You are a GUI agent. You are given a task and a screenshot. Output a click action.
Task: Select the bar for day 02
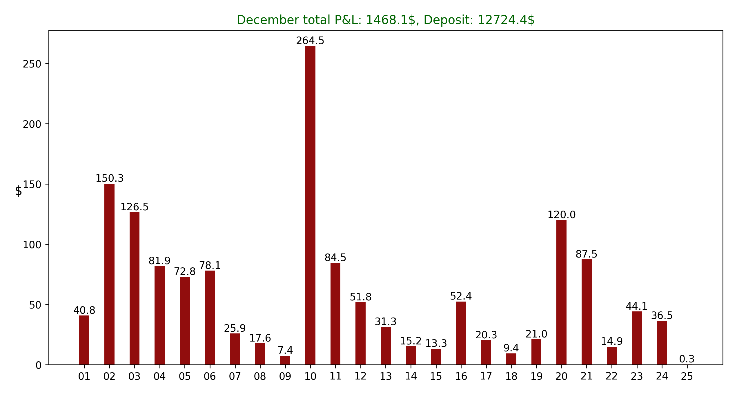pos(109,274)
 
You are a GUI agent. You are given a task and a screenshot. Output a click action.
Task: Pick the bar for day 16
pos(461,333)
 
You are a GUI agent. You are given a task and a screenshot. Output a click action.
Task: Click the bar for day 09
pos(285,360)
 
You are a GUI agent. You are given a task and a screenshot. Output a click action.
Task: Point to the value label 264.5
pos(310,41)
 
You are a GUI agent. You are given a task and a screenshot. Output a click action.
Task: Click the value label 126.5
pos(135,207)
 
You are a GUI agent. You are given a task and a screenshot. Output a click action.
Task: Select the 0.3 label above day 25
pos(687,359)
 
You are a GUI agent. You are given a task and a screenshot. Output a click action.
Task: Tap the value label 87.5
pos(587,254)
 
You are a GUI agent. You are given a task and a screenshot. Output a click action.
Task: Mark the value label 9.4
pos(511,348)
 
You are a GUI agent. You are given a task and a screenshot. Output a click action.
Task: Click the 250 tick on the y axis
pos(32,64)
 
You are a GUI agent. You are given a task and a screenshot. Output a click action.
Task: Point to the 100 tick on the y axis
pos(32,245)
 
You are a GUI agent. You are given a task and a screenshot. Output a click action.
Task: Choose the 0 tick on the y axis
pos(39,365)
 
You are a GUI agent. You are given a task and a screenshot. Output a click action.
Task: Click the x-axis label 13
pos(386,376)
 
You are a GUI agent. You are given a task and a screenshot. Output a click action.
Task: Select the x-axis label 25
pos(687,376)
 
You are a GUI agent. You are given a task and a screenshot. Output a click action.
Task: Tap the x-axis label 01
pos(84,376)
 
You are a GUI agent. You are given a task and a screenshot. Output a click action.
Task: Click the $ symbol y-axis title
pos(18,191)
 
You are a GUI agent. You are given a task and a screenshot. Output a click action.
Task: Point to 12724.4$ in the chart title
pos(506,20)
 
